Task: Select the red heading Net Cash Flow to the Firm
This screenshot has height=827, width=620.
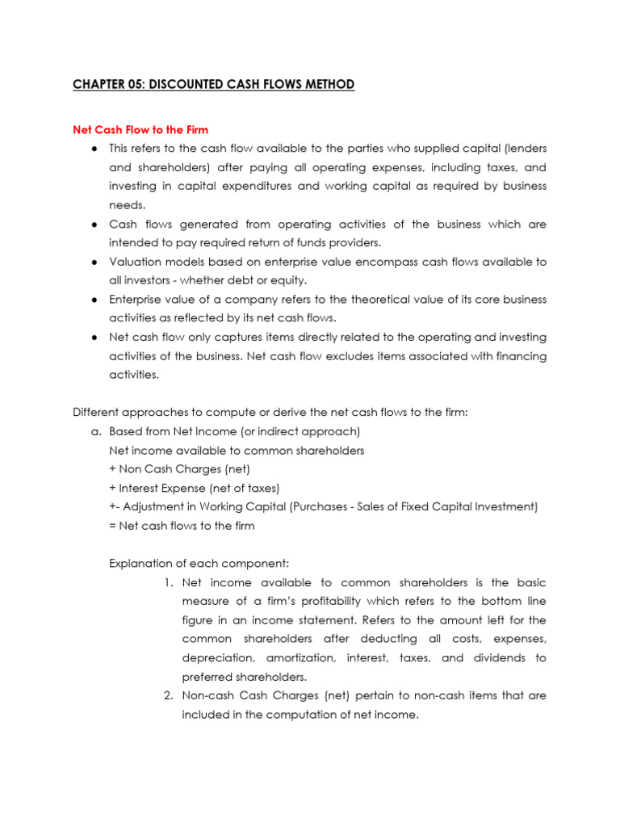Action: pyautogui.click(x=140, y=129)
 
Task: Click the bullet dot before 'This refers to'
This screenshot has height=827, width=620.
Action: pyautogui.click(x=94, y=149)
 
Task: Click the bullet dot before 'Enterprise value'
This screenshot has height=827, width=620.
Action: pyautogui.click(x=94, y=300)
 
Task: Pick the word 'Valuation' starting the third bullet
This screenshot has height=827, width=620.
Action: pyautogui.click(x=132, y=262)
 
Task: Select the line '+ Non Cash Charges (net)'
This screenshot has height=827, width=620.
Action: pyautogui.click(x=167, y=469)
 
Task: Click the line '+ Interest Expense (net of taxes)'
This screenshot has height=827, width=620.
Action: pyautogui.click(x=194, y=488)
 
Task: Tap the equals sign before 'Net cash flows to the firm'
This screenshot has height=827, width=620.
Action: pyautogui.click(x=112, y=526)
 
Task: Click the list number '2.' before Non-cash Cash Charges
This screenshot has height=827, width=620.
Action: pyautogui.click(x=168, y=695)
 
